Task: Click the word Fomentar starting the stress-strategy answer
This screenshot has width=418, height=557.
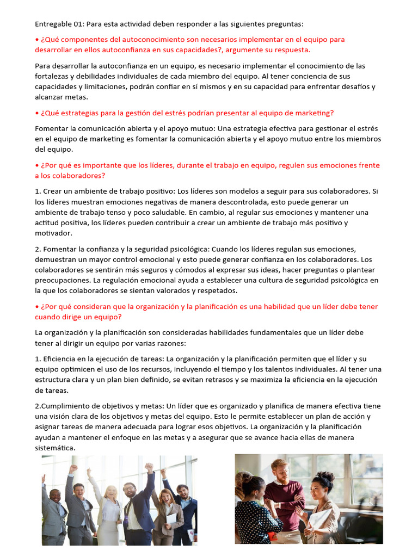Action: point(52,128)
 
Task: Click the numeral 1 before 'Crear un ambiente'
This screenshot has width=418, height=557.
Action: point(36,191)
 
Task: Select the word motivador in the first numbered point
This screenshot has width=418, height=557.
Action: point(53,233)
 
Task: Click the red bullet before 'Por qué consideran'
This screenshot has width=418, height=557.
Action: point(36,307)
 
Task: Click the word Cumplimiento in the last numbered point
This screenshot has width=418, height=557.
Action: point(64,406)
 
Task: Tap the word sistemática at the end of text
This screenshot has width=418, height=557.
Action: point(56,448)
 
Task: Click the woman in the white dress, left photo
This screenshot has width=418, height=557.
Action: point(109,506)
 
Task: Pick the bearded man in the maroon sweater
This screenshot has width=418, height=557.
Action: point(283,495)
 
